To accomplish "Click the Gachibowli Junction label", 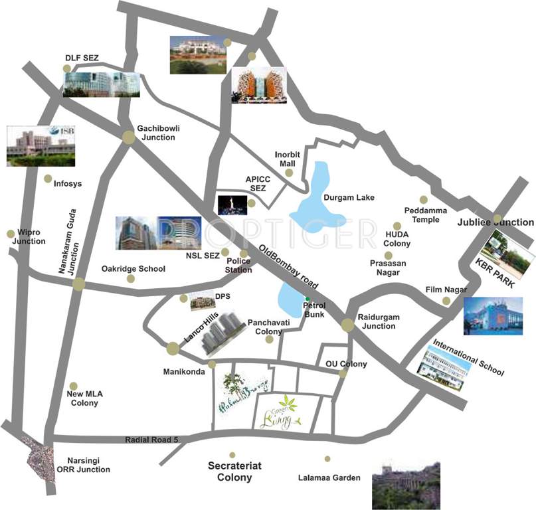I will (x=157, y=133).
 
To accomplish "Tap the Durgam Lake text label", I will (x=349, y=197).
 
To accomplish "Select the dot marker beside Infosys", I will (x=48, y=178).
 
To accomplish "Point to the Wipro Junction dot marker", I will (x=11, y=233).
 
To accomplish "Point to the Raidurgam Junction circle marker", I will (x=347, y=325).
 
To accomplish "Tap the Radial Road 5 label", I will (x=152, y=440).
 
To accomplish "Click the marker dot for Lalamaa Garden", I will (x=327, y=458).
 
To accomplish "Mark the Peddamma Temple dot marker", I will (x=423, y=199).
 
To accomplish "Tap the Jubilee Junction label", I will (x=495, y=222).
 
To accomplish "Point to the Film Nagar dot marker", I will (x=446, y=301).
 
